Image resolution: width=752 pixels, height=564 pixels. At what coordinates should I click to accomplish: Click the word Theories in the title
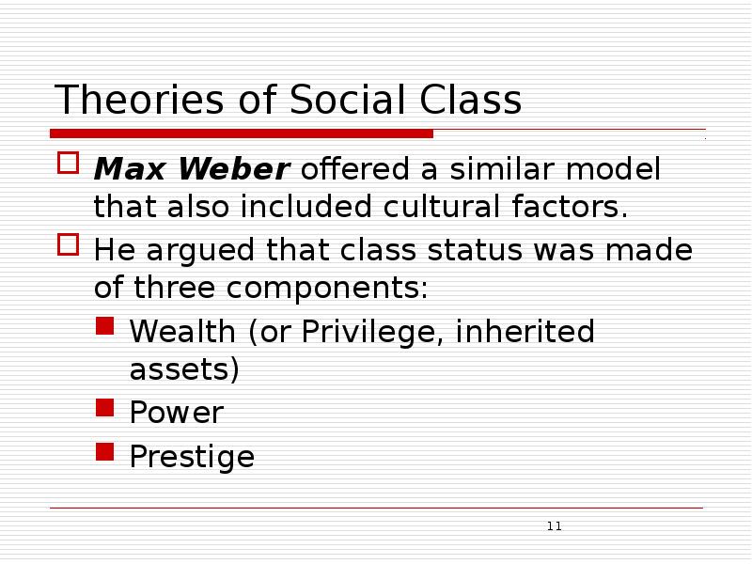(x=125, y=101)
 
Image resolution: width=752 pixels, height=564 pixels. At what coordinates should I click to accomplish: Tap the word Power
(x=176, y=413)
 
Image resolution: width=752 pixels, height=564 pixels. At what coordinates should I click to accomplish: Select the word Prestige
(x=192, y=458)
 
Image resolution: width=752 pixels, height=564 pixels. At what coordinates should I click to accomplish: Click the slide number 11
(x=554, y=526)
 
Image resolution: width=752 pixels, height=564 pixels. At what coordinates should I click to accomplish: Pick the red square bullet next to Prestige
(x=105, y=453)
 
